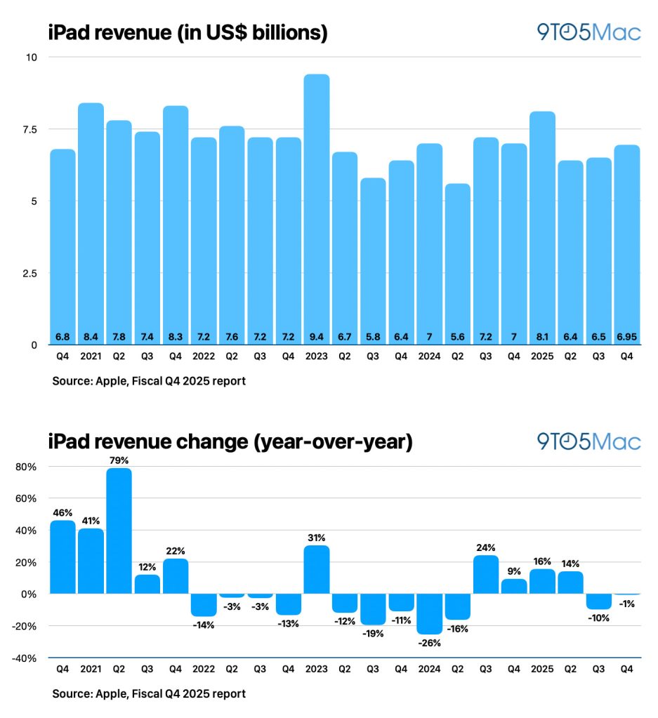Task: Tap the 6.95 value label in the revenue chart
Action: [627, 338]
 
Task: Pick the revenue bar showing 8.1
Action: [543, 225]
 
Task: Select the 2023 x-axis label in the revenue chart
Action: [317, 356]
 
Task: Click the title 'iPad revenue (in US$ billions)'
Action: [188, 32]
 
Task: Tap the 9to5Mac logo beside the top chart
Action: [588, 32]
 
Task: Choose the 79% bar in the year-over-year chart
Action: [119, 531]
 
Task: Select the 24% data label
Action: [486, 547]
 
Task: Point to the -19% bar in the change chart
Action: [373, 609]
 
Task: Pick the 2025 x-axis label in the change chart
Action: [543, 670]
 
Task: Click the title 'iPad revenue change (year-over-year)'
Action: [230, 442]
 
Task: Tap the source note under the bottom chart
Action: [149, 693]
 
